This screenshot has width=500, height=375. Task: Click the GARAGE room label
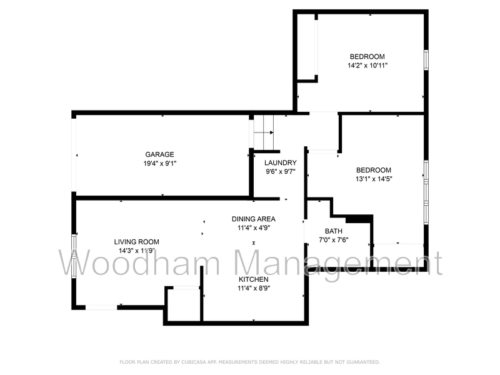159,154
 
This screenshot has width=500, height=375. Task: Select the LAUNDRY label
280,163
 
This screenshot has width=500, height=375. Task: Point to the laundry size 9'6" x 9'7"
280,171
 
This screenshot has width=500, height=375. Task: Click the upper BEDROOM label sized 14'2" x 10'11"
367,56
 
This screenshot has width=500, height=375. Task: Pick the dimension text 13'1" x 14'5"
374,179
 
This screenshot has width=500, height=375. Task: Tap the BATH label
333,231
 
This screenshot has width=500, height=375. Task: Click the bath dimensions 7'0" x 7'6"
333,240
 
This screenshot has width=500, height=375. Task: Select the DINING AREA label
254,219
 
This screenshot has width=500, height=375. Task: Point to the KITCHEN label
254,279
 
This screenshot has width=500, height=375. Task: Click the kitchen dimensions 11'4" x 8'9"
254,288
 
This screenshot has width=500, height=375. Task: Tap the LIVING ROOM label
136,242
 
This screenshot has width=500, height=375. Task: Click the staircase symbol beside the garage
263,126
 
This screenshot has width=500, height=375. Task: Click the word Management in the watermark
337,263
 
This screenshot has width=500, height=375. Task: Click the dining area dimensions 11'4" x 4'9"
254,227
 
